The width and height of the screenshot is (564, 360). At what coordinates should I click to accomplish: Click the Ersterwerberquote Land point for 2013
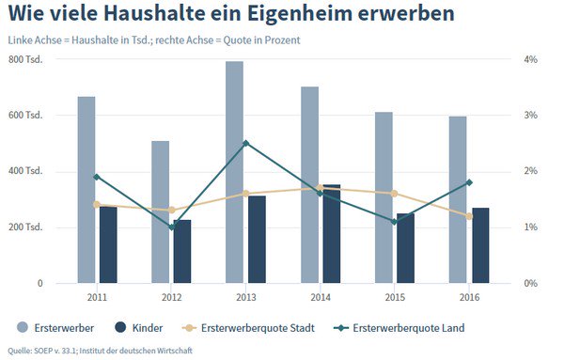245,143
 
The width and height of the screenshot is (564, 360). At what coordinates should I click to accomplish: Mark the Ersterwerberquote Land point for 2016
468,182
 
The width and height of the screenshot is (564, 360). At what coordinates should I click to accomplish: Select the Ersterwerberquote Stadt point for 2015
394,194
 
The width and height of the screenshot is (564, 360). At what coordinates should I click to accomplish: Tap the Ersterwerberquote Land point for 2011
97,177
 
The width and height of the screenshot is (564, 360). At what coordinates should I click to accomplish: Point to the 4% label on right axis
531,60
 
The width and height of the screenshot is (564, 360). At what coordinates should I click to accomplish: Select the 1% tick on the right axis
531,227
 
